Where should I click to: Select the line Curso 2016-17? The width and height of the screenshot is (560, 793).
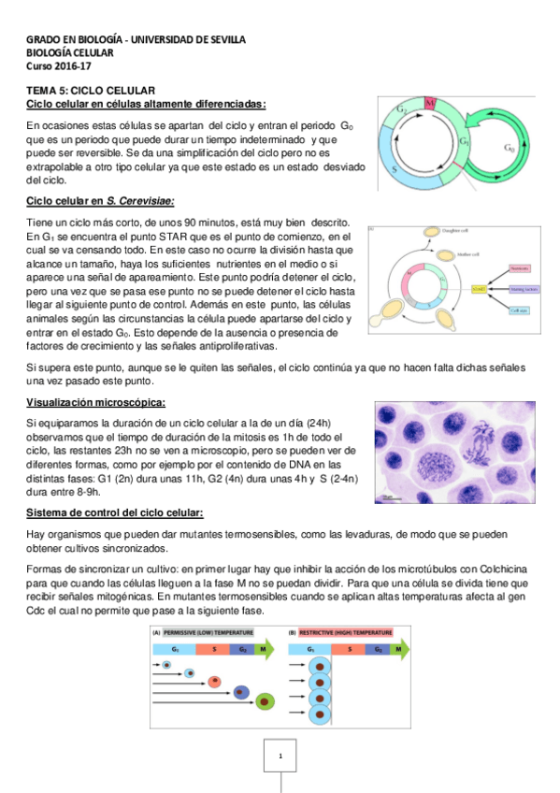pos(54,65)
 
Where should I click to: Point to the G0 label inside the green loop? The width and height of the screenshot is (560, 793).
pos(509,148)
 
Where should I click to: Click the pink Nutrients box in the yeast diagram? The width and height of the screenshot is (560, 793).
pos(521,267)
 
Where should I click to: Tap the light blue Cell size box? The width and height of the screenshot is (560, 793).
pos(521,310)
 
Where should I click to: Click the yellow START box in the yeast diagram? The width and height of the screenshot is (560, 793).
pos(478,289)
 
